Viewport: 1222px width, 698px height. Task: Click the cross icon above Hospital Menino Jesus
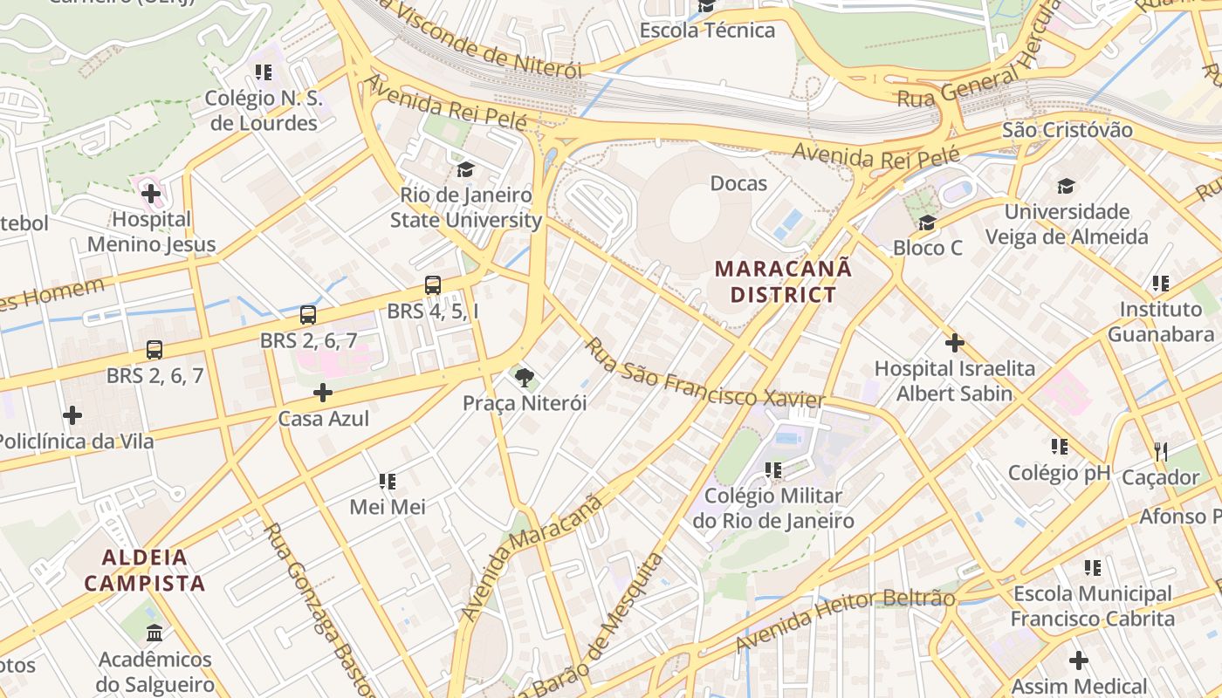[151, 193]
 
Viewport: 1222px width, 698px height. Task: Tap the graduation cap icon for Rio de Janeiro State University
[465, 168]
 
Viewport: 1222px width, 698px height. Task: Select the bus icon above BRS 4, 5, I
[433, 284]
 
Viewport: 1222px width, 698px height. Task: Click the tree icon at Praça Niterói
[524, 378]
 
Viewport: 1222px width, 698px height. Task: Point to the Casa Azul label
[323, 419]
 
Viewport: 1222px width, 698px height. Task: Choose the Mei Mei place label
[387, 507]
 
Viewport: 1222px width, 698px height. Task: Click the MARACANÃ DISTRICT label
[783, 281]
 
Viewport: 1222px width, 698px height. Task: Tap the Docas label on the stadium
[738, 183]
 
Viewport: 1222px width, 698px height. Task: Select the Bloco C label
[927, 248]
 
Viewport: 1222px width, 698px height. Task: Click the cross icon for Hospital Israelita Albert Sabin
[954, 343]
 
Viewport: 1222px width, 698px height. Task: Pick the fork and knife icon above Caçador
[1160, 451]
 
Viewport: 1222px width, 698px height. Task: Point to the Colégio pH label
[1059, 473]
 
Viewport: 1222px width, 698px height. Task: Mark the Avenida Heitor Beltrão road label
[845, 620]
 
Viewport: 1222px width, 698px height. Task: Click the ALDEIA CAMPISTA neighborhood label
[145, 571]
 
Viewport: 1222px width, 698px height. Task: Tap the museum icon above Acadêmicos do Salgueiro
[154, 633]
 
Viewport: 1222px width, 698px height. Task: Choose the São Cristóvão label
[1067, 130]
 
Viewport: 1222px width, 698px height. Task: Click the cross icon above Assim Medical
[1079, 660]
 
